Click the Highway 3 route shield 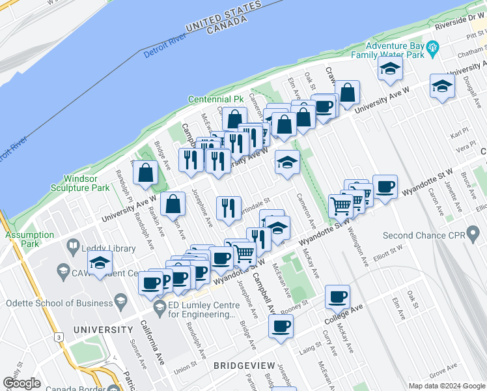point(59,337)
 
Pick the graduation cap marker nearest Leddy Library point(100,263)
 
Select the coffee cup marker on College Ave point(337,297)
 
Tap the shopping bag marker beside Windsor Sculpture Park point(146,172)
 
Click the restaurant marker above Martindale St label point(228,208)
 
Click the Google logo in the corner point(21,383)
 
